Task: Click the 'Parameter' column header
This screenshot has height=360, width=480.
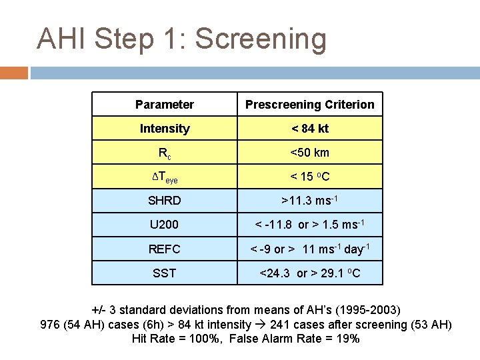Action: pos(164,105)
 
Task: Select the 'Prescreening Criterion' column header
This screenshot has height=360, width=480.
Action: pos(309,105)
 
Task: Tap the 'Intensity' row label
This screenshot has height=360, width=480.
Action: pos(164,129)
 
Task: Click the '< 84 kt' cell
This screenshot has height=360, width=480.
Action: pos(309,129)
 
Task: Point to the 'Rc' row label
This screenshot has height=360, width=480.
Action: pos(164,153)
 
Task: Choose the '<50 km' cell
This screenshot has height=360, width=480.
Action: pos(309,153)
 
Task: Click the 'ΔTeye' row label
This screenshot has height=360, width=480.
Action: pos(164,177)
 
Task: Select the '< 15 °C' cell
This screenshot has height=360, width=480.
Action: pos(309,177)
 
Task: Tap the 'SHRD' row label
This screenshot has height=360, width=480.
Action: pos(164,201)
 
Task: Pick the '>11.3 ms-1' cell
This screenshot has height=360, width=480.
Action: pos(309,200)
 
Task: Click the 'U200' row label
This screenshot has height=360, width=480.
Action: pos(164,225)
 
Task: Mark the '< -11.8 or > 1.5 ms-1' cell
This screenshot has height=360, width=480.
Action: pos(309,224)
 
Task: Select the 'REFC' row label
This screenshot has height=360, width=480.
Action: pos(164,249)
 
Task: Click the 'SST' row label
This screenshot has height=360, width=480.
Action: pos(164,273)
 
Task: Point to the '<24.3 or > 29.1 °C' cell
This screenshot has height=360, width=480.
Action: pos(309,273)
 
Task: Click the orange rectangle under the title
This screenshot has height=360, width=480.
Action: pos(14,72)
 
